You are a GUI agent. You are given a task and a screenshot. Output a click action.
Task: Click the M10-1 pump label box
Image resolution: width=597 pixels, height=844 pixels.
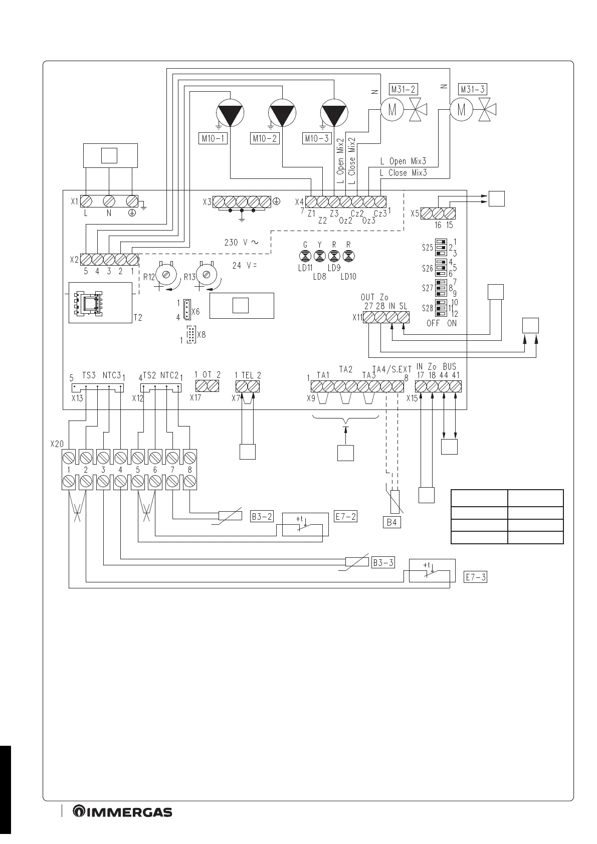point(213,138)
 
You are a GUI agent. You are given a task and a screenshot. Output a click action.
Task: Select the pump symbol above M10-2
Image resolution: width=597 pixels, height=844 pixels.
point(283,113)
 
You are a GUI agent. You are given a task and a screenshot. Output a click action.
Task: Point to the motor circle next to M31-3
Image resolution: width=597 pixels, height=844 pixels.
point(462,110)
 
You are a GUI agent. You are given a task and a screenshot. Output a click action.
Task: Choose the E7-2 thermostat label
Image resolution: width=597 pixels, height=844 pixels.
point(345,516)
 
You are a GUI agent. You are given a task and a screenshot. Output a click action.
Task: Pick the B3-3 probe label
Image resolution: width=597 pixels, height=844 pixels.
point(383,562)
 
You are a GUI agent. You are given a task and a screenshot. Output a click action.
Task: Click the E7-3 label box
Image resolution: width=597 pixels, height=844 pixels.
point(475,577)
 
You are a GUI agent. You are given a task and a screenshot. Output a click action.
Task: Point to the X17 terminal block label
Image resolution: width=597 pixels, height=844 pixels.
point(195,397)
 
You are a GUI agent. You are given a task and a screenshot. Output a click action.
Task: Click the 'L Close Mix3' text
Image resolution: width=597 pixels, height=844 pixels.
point(403,173)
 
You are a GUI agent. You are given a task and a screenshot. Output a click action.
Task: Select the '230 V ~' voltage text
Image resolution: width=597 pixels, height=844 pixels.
point(241,242)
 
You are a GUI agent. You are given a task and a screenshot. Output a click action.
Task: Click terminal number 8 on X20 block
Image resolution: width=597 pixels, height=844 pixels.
point(189,470)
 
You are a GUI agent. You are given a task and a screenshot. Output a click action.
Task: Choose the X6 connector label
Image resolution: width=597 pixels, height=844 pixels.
point(195,311)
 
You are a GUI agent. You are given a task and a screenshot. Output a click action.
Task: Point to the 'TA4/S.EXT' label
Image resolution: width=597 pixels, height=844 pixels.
point(392,369)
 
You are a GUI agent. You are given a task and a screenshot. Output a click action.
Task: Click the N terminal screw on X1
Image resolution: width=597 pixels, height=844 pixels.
point(109,201)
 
